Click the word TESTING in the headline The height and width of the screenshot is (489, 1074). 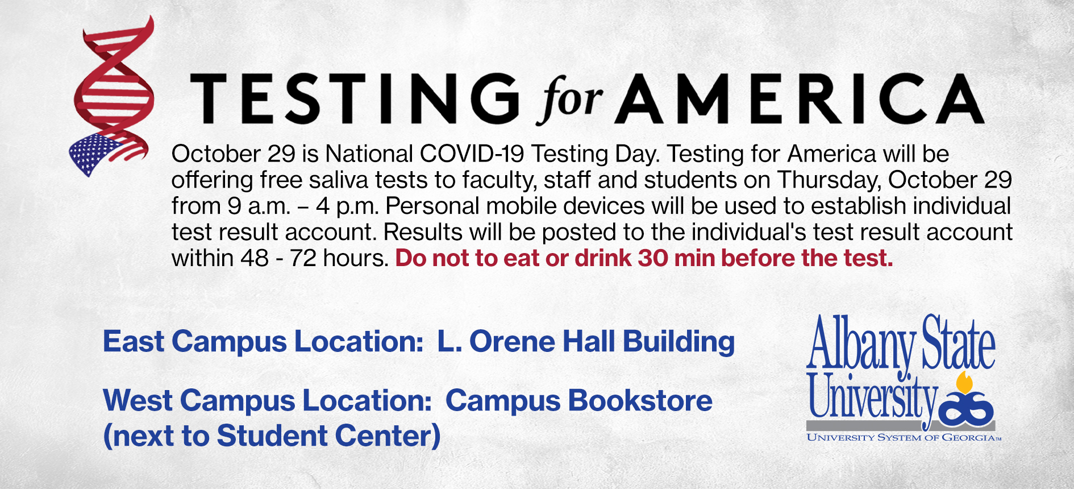[355, 98]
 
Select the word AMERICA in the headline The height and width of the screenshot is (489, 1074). [800, 98]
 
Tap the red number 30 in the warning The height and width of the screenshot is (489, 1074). [653, 258]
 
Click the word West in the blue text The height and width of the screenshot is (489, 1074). [138, 400]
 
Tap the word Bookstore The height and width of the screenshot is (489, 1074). [640, 400]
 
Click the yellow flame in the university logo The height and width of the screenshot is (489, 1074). [964, 383]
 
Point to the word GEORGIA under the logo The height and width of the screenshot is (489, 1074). [968, 437]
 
